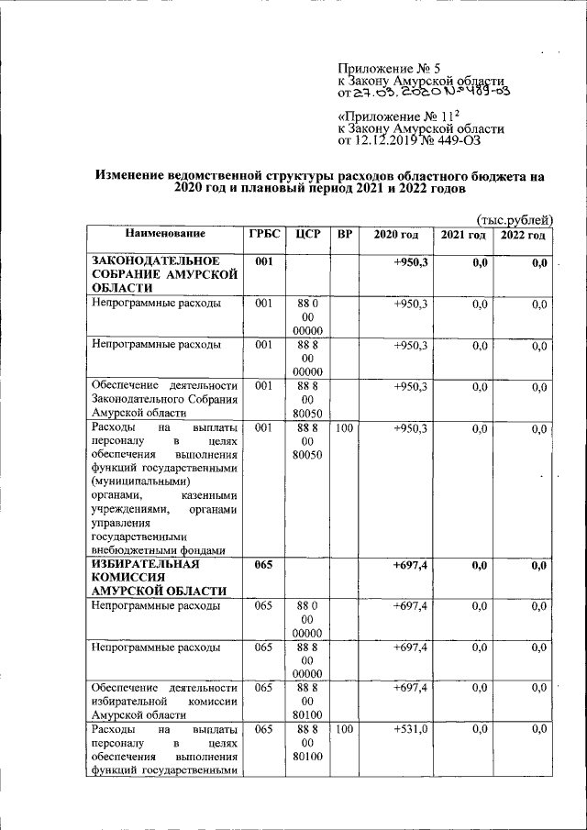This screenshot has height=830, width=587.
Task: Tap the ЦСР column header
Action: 308,235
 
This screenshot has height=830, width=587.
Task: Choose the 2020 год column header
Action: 395,236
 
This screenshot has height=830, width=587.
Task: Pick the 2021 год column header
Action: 462,236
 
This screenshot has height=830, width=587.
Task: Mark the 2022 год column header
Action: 523,236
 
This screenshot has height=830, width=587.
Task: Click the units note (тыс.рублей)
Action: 516,219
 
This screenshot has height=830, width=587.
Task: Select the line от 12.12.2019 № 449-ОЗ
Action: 409,141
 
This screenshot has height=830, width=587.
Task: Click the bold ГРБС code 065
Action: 265,566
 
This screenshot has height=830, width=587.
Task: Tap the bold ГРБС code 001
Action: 265,262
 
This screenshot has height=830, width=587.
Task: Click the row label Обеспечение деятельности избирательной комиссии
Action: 164,700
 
